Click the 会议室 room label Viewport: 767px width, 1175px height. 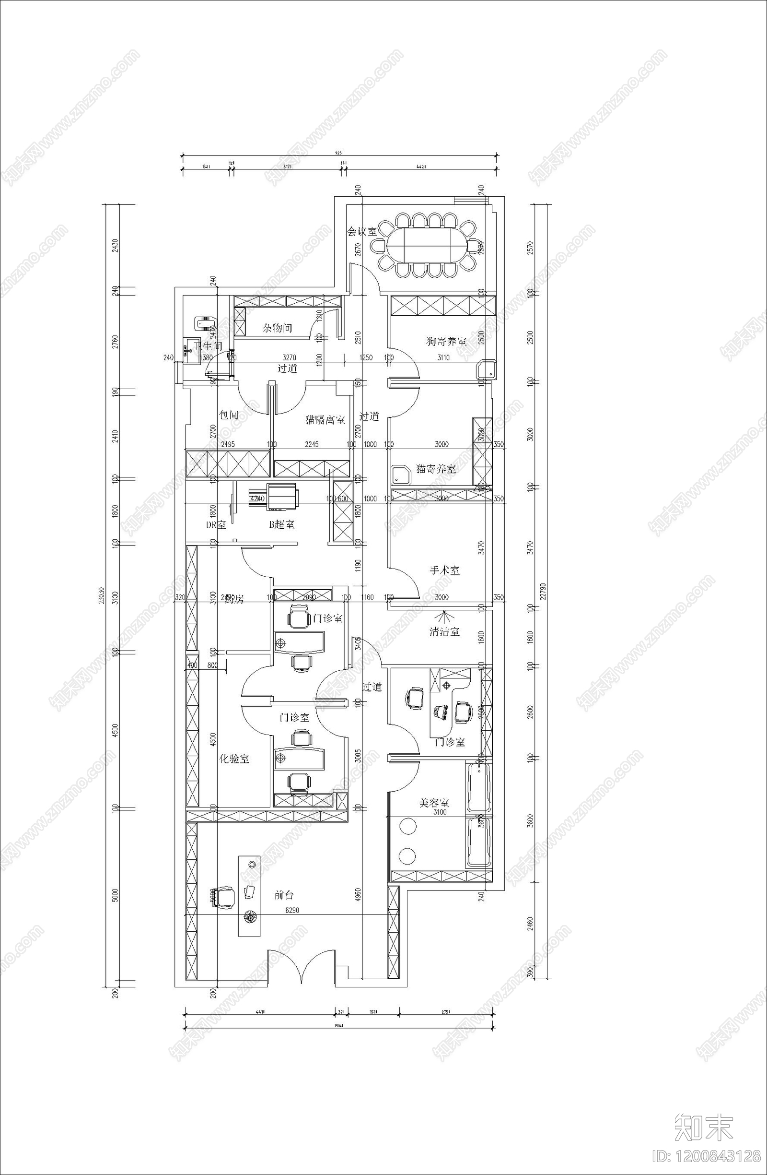coord(362,232)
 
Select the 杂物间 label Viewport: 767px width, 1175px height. coord(277,328)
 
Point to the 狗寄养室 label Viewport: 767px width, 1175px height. coord(446,341)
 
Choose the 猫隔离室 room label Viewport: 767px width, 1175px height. coord(325,420)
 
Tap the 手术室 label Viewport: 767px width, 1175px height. coord(444,570)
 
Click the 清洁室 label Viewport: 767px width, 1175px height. coord(444,631)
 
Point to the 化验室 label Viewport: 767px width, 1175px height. coord(234,759)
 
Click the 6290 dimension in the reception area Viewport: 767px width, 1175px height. coord(291,910)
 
